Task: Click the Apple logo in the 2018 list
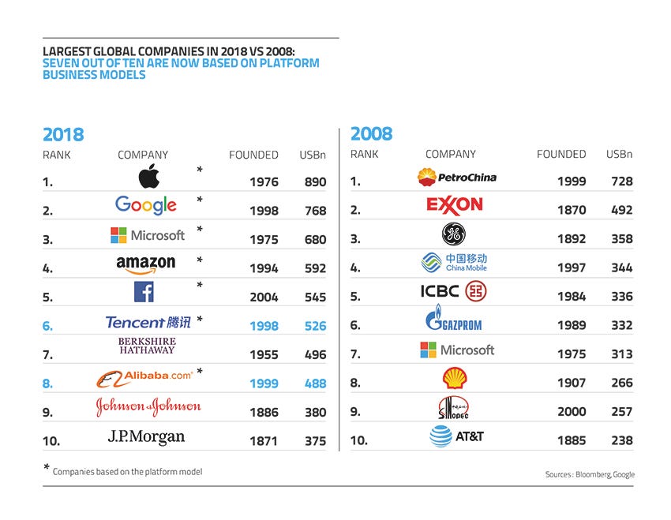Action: (148, 177)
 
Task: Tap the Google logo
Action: (146, 206)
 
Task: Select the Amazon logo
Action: (145, 264)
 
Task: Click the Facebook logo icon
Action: (143, 292)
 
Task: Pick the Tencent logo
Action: (148, 321)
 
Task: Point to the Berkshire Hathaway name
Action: (148, 346)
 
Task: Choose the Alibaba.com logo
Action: (145, 377)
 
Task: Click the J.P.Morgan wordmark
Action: (146, 436)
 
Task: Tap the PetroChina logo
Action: (457, 177)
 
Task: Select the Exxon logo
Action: (454, 205)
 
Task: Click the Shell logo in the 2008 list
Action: (454, 380)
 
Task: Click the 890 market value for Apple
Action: (315, 181)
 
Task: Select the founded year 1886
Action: (264, 412)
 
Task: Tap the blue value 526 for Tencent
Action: (315, 325)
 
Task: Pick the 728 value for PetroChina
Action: (621, 181)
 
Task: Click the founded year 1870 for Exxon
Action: (572, 210)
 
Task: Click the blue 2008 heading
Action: (371, 134)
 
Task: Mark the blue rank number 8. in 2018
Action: (47, 383)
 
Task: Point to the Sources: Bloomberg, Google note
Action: (590, 474)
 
